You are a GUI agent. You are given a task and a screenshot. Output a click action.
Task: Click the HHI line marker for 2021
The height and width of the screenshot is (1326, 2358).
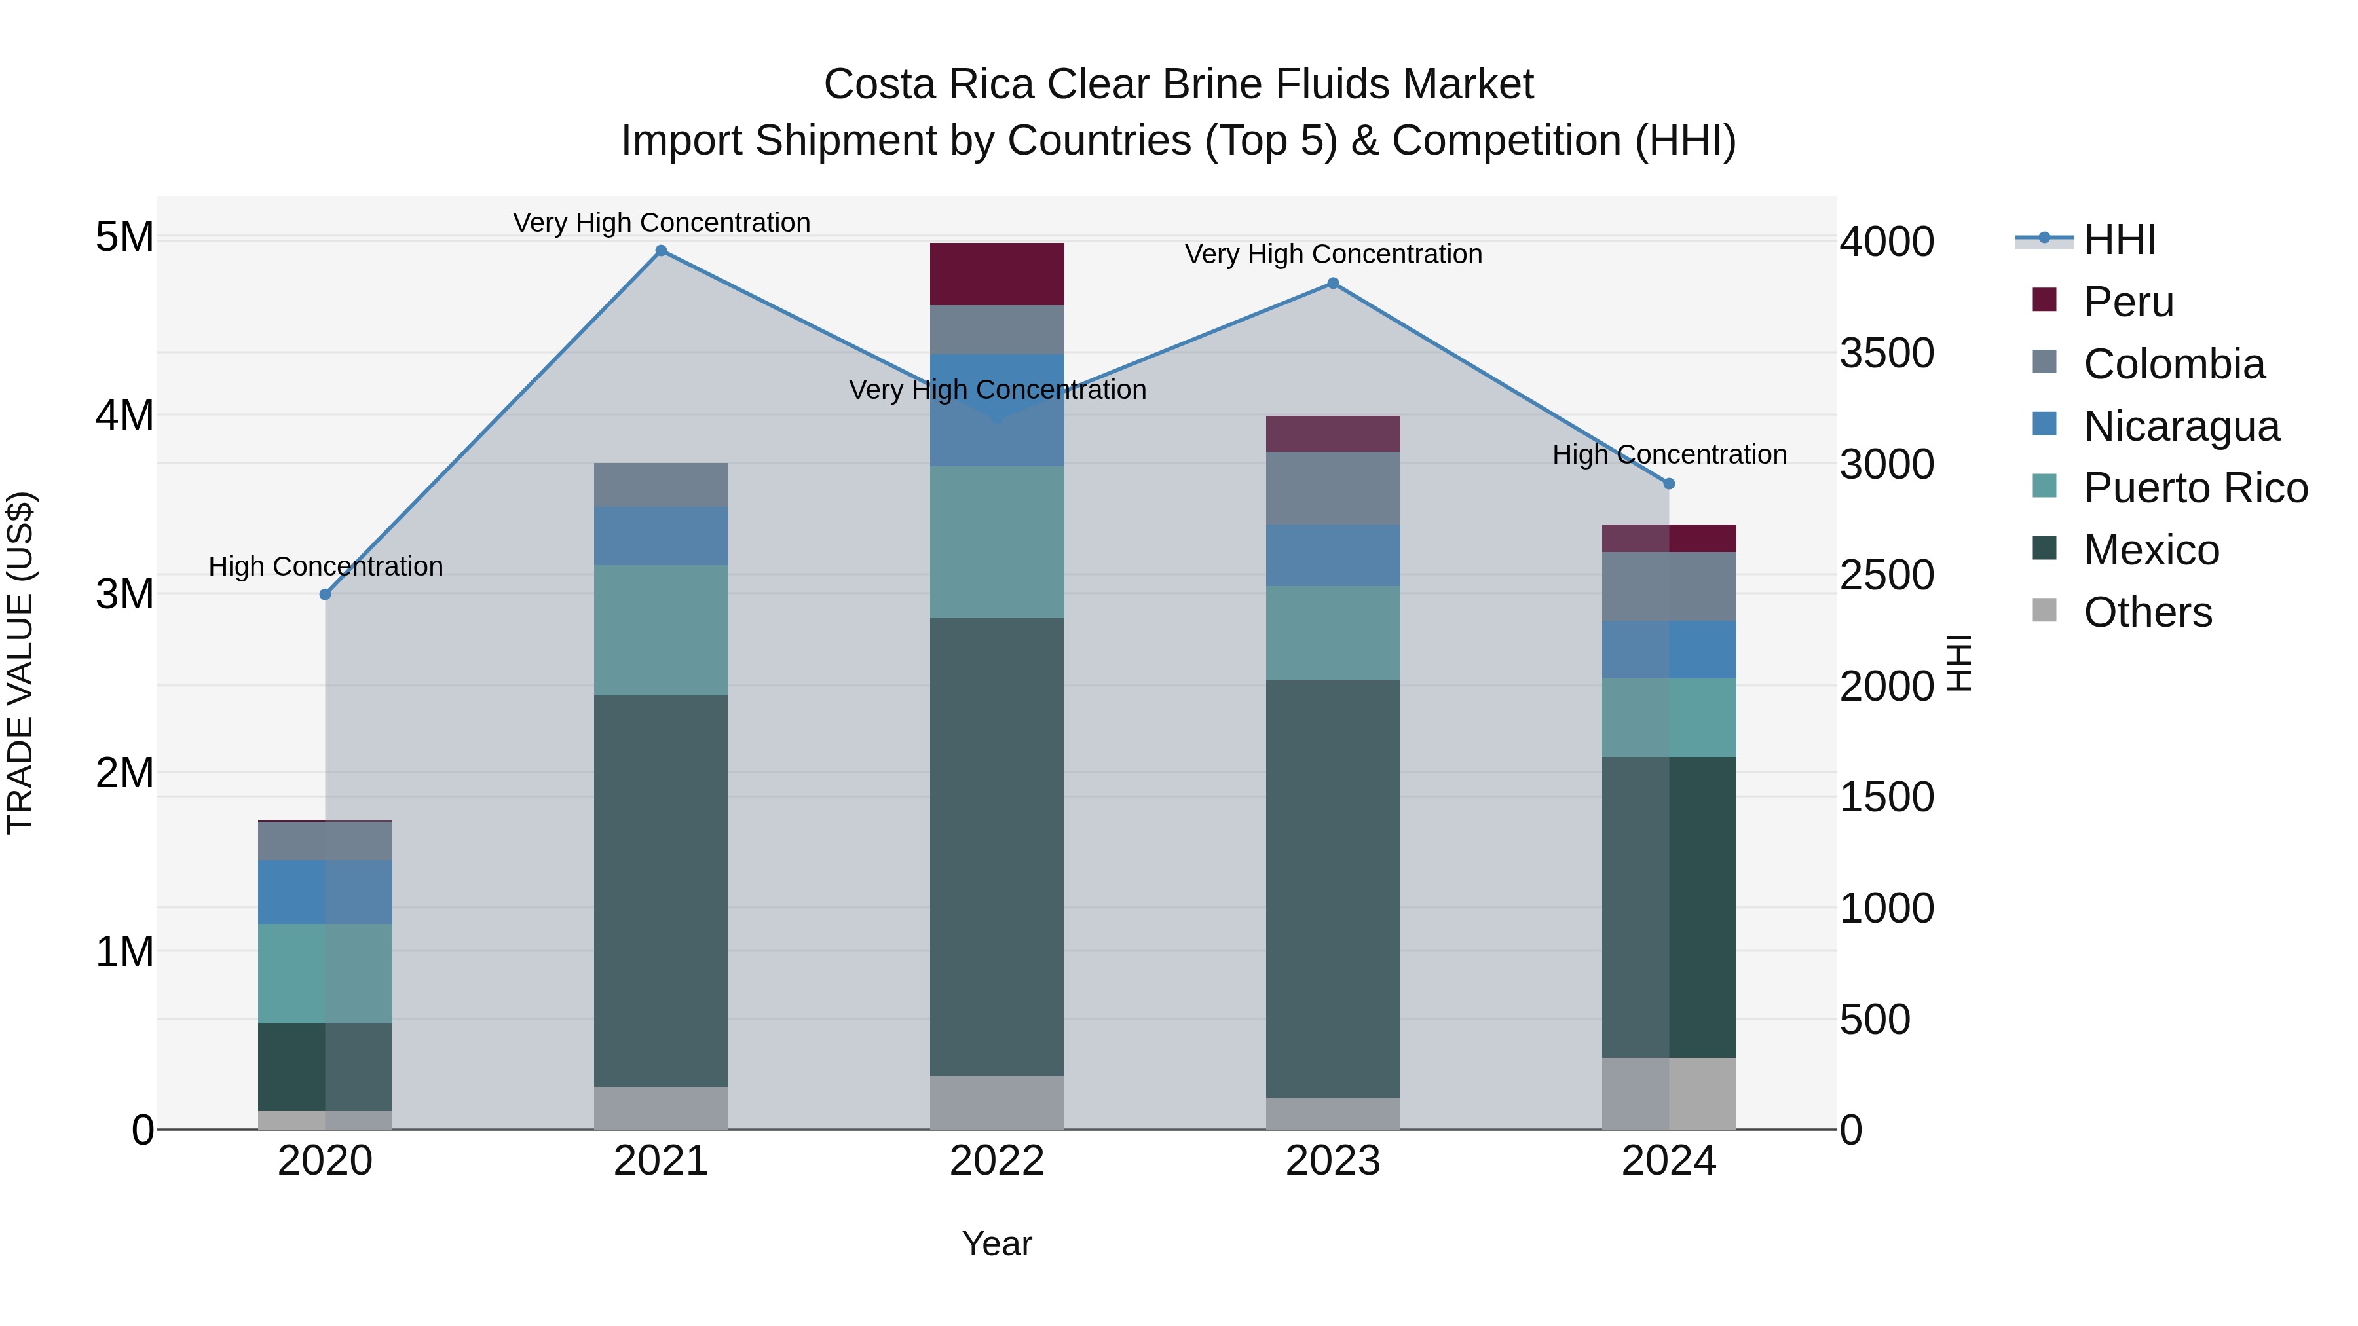pyautogui.click(x=661, y=251)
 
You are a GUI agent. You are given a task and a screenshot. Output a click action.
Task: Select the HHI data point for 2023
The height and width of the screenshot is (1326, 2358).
pyautogui.click(x=1333, y=284)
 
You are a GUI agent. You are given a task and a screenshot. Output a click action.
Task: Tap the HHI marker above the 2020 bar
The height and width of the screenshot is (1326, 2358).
pyautogui.click(x=325, y=595)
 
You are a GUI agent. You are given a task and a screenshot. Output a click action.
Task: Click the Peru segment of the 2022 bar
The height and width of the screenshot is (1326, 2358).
pyautogui.click(x=997, y=274)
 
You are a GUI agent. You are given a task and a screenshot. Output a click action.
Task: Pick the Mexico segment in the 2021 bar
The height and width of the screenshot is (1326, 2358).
pyautogui.click(x=661, y=891)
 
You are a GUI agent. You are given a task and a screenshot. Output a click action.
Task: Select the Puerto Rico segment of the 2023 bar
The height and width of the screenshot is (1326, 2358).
pyautogui.click(x=1333, y=633)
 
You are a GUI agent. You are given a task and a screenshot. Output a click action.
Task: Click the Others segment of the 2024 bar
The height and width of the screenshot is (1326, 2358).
pyautogui.click(x=1669, y=1093)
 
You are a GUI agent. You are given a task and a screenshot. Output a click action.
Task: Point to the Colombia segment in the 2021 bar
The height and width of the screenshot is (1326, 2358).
pyautogui.click(x=661, y=485)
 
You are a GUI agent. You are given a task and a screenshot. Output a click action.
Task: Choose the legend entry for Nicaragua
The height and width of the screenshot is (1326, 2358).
pyautogui.click(x=2180, y=426)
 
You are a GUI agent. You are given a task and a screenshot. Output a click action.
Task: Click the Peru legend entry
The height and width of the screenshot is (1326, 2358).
pyautogui.click(x=2127, y=302)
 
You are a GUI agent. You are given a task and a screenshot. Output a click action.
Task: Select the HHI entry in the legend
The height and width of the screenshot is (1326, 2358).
pyautogui.click(x=2119, y=240)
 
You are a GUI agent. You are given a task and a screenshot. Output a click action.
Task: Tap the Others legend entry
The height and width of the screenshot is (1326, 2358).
pyautogui.click(x=2146, y=612)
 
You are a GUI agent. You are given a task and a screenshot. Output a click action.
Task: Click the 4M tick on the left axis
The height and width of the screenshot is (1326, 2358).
pyautogui.click(x=124, y=415)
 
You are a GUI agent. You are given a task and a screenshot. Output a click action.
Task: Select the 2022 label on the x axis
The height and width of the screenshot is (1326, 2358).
pyautogui.click(x=997, y=1161)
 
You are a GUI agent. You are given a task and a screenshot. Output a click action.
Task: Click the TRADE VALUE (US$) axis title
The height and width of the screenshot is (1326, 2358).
pyautogui.click(x=20, y=663)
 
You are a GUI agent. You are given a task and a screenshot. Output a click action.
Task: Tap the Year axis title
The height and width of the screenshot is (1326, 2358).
pyautogui.click(x=997, y=1243)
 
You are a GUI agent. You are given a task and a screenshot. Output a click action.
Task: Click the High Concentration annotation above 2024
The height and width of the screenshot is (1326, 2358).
pyautogui.click(x=1669, y=455)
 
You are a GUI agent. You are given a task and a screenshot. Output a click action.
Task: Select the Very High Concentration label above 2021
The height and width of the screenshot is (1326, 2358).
pyautogui.click(x=661, y=223)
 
